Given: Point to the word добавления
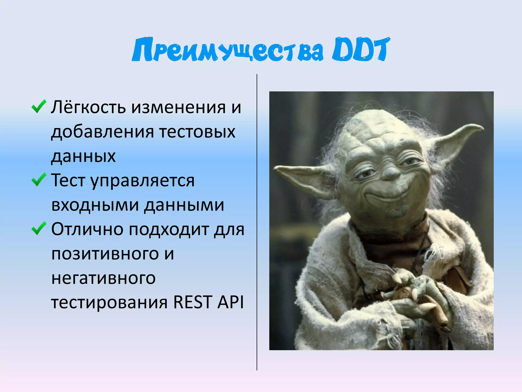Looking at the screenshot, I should tap(102, 132).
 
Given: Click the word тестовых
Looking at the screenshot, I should tap(197, 132).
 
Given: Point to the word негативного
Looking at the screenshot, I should tap(103, 278).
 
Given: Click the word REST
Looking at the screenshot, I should tap(192, 302).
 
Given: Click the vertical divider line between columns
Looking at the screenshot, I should tap(257, 222).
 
